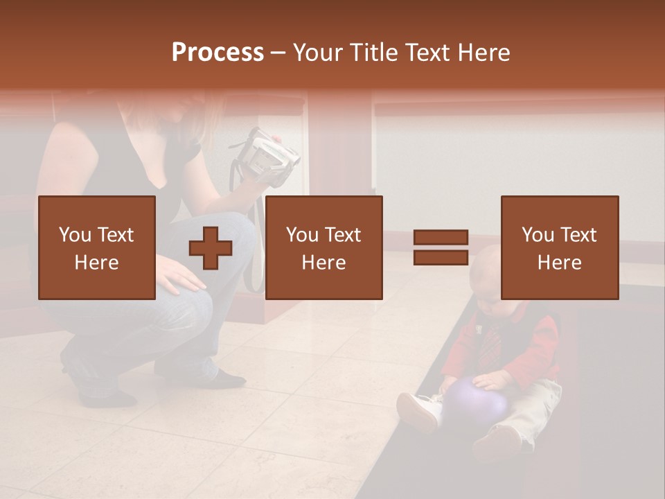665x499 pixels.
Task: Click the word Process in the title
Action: tap(218, 53)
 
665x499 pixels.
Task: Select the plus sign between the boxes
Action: tap(211, 247)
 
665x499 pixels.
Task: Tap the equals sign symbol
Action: tap(441, 247)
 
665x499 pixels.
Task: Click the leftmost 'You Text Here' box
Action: tap(97, 247)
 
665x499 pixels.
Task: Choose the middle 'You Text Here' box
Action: tap(323, 247)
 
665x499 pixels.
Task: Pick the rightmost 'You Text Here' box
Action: tap(559, 247)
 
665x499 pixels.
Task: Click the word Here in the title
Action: tap(483, 53)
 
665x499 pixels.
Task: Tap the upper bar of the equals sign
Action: tap(441, 238)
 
